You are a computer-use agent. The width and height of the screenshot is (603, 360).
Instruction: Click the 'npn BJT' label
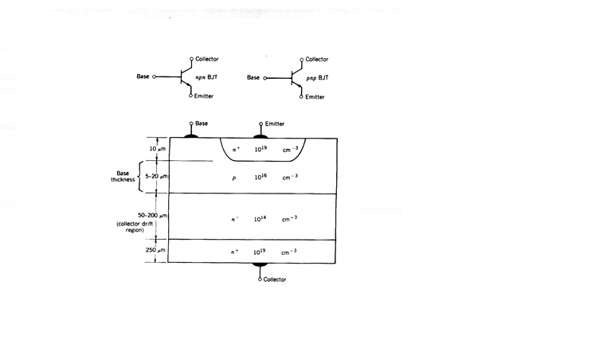[x=206, y=77]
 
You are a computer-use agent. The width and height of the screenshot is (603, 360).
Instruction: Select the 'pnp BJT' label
[x=317, y=78]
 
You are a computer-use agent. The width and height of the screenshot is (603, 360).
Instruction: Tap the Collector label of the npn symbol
[x=207, y=59]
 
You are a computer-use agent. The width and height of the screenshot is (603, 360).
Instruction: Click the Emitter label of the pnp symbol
[x=315, y=97]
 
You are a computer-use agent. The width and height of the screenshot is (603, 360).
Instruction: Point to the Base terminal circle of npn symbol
[x=155, y=77]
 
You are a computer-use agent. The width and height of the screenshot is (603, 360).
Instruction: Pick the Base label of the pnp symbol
[x=253, y=78]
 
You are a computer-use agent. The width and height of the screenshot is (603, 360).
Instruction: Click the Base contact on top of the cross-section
[x=191, y=135]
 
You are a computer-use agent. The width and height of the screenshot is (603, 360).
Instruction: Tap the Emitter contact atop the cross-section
[x=260, y=135]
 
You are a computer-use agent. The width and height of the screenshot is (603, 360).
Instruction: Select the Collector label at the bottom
[x=275, y=280]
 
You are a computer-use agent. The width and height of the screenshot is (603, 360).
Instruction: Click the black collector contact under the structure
[x=260, y=264]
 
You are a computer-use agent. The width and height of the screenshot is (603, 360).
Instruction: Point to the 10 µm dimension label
[x=157, y=149]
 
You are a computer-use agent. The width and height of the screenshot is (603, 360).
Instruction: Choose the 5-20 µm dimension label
[x=156, y=177]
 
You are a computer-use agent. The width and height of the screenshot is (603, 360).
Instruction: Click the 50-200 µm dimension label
[x=153, y=215]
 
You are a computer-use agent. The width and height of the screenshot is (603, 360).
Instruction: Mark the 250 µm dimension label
[x=155, y=250]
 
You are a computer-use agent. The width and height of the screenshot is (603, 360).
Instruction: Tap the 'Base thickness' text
[x=123, y=176]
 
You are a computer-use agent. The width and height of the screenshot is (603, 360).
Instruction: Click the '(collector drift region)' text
[x=135, y=227]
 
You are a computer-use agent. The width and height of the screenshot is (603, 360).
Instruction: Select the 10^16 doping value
[x=260, y=177]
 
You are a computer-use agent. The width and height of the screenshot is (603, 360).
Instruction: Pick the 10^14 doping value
[x=260, y=219]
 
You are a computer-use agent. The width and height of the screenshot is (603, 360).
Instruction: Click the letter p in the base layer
[x=234, y=178]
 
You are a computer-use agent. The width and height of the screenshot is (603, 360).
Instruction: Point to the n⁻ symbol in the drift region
[x=234, y=219]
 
